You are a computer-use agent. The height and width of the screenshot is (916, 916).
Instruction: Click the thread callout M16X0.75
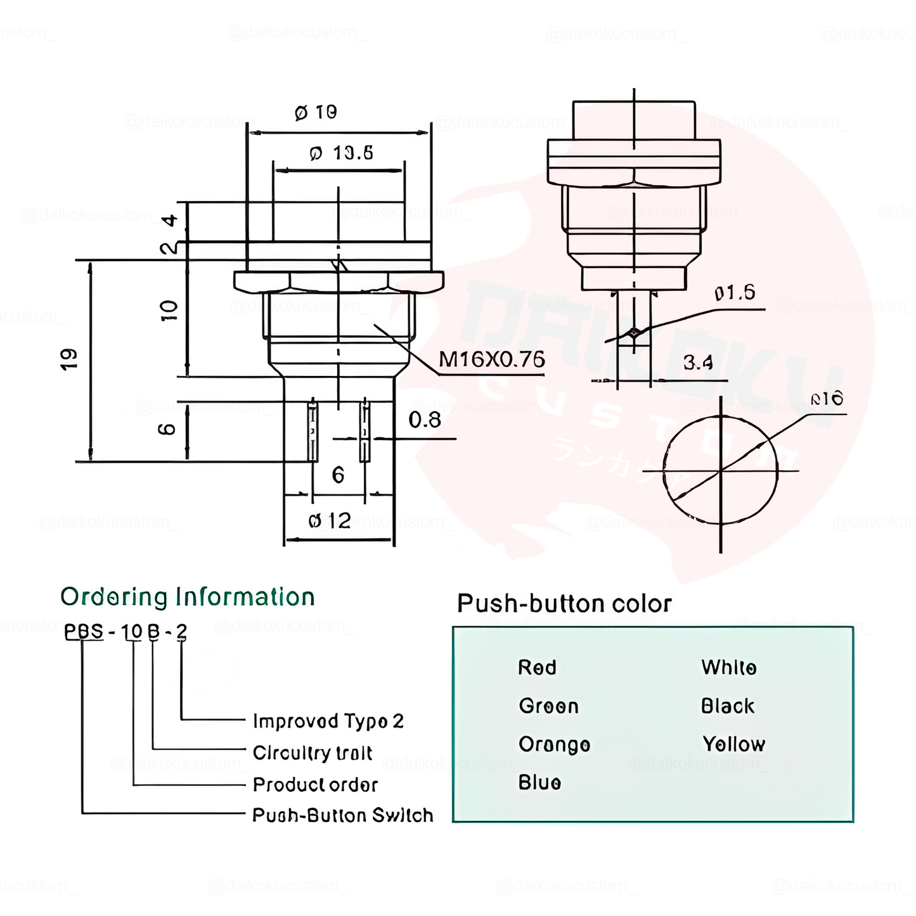[x=491, y=360]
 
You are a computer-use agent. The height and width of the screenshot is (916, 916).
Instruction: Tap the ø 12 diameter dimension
[x=330, y=521]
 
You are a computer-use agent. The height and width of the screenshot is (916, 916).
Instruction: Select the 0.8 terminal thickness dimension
[x=424, y=420]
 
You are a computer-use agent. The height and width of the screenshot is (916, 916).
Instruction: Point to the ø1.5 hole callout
[x=735, y=293]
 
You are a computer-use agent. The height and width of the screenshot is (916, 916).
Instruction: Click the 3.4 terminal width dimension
[x=698, y=363]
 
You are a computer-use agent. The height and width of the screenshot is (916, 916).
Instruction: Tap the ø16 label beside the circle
[x=827, y=399]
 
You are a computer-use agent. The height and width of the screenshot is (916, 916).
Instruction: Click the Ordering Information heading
[x=188, y=597]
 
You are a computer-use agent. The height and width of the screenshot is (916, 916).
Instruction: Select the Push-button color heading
[x=564, y=603]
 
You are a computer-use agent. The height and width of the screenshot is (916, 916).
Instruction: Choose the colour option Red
[x=537, y=668]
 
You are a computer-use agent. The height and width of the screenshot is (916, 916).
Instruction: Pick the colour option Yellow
[x=733, y=744]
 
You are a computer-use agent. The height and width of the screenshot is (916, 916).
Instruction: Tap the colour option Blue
[x=539, y=783]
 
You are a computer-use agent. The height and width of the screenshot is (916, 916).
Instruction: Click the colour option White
[x=728, y=668]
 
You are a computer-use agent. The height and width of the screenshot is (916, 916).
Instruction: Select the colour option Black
[x=728, y=706]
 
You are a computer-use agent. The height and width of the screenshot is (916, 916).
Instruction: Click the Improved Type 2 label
[x=328, y=721]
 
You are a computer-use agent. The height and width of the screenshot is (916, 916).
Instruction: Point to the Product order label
[x=315, y=785]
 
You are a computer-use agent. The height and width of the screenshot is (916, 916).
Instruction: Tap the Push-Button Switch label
[x=342, y=815]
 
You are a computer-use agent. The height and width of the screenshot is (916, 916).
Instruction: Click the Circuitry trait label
[x=313, y=753]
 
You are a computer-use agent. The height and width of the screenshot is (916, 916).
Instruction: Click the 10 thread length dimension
[x=169, y=311]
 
